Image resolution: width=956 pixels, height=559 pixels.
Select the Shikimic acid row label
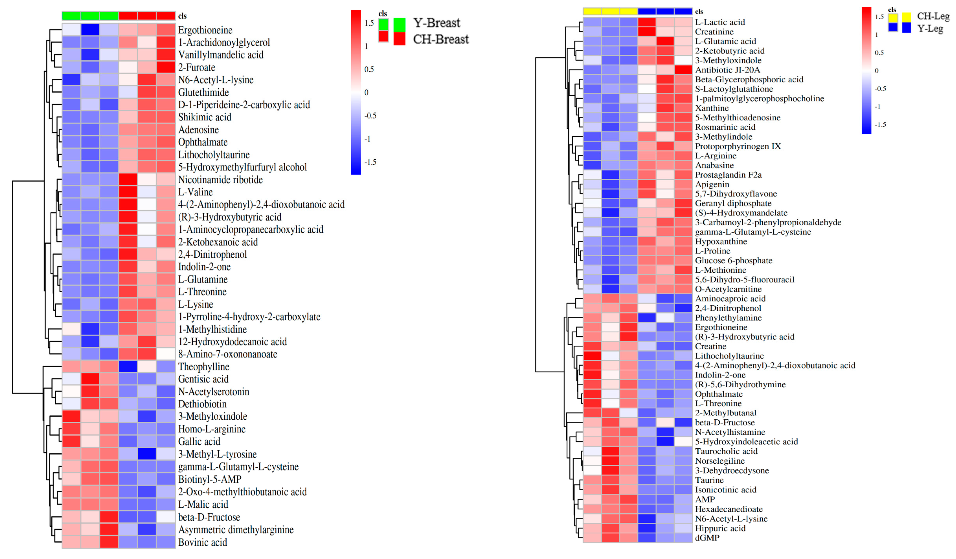click(205, 117)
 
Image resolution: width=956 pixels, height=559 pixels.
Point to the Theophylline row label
click(203, 367)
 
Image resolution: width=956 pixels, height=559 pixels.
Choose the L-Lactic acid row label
click(720, 22)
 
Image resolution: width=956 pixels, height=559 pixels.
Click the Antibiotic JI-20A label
click(727, 70)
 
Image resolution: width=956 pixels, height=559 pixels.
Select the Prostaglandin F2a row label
click(728, 175)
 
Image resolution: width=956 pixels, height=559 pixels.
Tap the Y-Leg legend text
click(930, 29)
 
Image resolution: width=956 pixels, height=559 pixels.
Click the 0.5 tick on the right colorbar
click(879, 53)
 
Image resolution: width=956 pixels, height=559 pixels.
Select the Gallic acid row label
click(199, 441)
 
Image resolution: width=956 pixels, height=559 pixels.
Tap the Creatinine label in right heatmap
click(714, 32)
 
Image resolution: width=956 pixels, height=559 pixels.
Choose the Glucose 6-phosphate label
click(733, 260)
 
